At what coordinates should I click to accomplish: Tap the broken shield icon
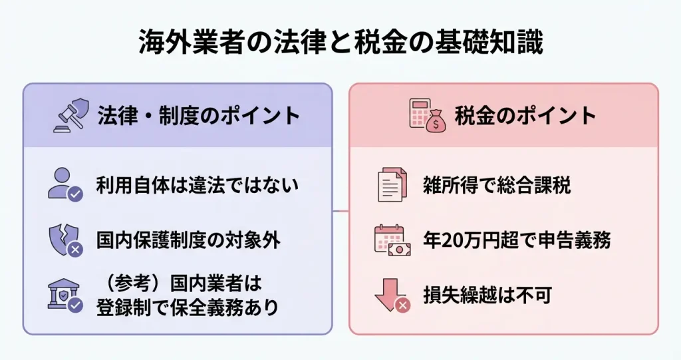pos(65,240)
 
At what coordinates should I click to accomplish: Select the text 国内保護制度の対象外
pos(188,240)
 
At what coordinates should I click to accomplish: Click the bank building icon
pos(65,295)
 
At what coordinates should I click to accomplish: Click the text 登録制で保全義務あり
pos(188,308)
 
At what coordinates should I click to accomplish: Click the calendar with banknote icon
pos(392,240)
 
